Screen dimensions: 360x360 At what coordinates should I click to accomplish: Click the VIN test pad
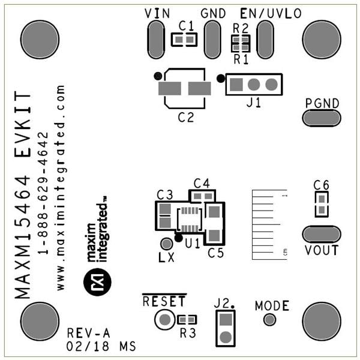(x=156, y=40)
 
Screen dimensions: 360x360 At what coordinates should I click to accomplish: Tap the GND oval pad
(x=212, y=40)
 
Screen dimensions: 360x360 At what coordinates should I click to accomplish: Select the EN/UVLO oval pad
(x=265, y=40)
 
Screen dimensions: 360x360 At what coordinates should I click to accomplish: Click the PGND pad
(x=322, y=118)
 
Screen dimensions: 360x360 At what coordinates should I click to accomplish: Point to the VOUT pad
(x=322, y=234)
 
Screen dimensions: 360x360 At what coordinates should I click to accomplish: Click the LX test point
(x=166, y=244)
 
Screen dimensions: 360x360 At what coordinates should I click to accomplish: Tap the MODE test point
(x=269, y=319)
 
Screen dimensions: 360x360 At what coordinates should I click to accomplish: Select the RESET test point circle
(x=164, y=319)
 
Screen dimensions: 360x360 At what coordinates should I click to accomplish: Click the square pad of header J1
(x=236, y=85)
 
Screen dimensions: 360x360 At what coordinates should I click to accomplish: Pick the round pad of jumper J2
(x=226, y=337)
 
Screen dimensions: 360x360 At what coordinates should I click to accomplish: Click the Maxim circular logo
(x=97, y=282)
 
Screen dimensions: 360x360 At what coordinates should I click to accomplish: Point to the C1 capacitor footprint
(x=184, y=40)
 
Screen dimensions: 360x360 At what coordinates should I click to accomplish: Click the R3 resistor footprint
(x=187, y=319)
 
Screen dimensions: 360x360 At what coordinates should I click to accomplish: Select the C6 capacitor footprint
(x=322, y=205)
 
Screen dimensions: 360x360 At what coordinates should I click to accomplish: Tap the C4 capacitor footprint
(x=202, y=196)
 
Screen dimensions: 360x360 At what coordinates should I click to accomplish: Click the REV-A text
(x=88, y=333)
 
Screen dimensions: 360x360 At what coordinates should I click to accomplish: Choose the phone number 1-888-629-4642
(x=43, y=193)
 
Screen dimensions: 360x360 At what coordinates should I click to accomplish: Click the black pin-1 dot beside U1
(x=179, y=238)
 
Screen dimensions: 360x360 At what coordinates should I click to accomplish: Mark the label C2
(x=186, y=118)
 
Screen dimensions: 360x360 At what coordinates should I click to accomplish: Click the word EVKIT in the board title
(x=23, y=124)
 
